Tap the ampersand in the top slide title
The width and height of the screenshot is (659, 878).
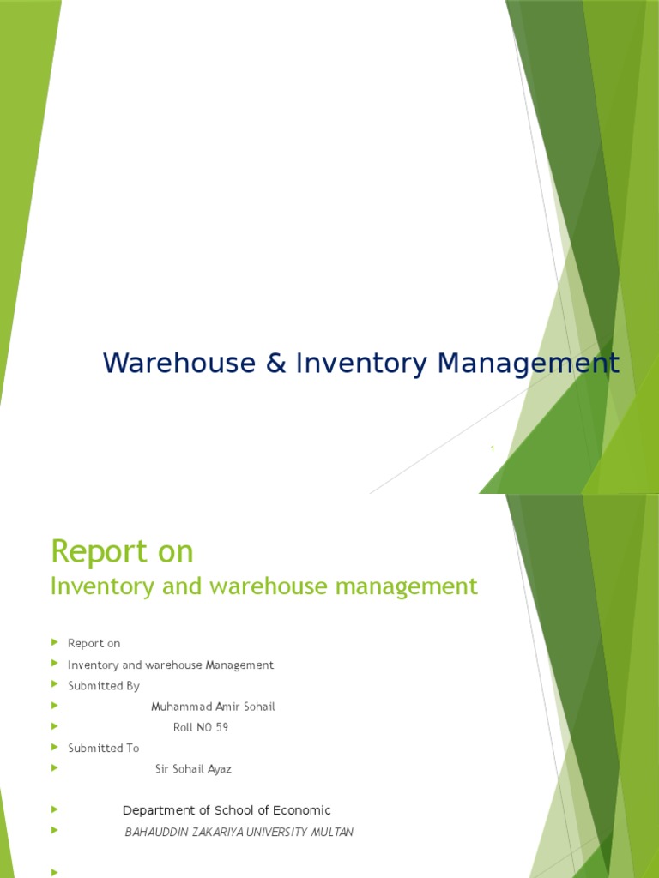click(275, 364)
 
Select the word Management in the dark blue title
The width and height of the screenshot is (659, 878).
click(528, 364)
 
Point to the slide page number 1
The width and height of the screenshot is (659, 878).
click(493, 448)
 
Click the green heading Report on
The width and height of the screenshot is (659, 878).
click(123, 551)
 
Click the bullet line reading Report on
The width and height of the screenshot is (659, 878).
click(94, 643)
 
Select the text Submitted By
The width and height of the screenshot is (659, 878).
click(104, 686)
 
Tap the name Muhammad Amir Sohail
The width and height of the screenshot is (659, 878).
click(213, 707)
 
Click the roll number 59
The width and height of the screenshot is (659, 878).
click(221, 727)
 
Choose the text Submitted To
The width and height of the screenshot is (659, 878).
click(104, 748)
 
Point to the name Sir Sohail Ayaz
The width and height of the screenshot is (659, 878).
click(193, 769)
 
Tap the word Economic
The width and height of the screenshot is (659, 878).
click(300, 810)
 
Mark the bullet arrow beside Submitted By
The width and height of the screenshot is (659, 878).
click(54, 685)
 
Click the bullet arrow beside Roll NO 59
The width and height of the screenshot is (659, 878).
click(54, 726)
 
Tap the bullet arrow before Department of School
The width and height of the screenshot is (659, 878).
click(54, 809)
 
